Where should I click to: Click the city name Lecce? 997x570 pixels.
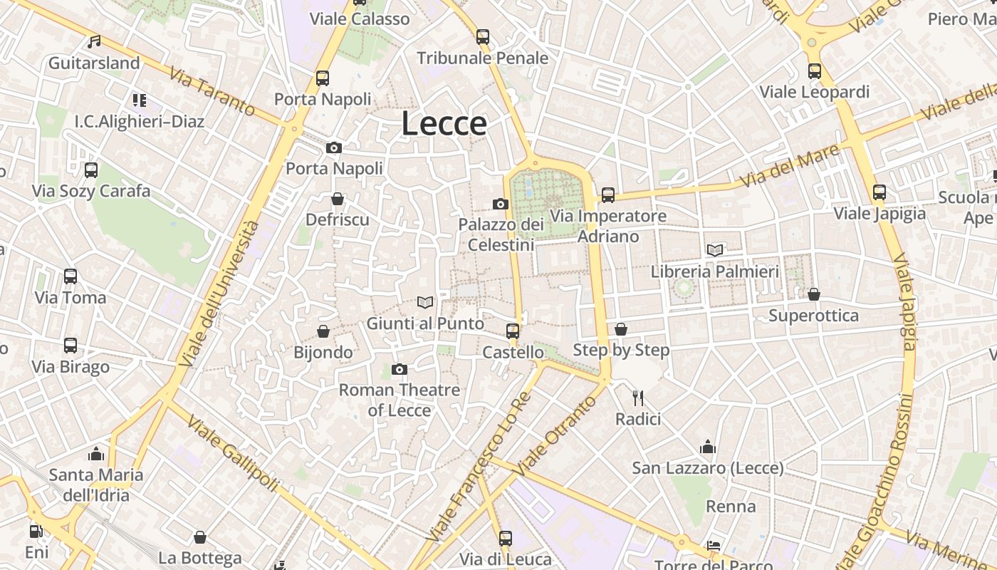(444, 123)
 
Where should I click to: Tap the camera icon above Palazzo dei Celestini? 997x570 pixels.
(501, 204)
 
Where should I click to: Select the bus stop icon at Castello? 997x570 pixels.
(513, 331)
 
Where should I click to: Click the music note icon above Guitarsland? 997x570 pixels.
(94, 42)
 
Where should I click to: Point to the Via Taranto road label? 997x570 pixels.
(212, 91)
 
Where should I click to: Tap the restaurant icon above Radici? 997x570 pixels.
(638, 398)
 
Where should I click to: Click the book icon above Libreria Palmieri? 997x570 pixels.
(715, 250)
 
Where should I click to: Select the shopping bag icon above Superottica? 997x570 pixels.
(814, 294)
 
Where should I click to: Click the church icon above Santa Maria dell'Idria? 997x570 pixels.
(96, 454)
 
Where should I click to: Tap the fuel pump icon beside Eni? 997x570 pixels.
(36, 531)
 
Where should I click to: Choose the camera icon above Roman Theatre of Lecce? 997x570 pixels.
(400, 369)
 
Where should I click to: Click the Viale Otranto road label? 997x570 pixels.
(555, 436)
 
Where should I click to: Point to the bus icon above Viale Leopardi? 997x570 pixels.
(815, 71)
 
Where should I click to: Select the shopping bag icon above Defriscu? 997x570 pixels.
(338, 198)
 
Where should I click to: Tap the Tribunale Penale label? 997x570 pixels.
(483, 58)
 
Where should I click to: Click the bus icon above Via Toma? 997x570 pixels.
(71, 276)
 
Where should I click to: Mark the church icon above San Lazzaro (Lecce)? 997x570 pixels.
(708, 447)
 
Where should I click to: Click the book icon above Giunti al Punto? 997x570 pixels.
(425, 303)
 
